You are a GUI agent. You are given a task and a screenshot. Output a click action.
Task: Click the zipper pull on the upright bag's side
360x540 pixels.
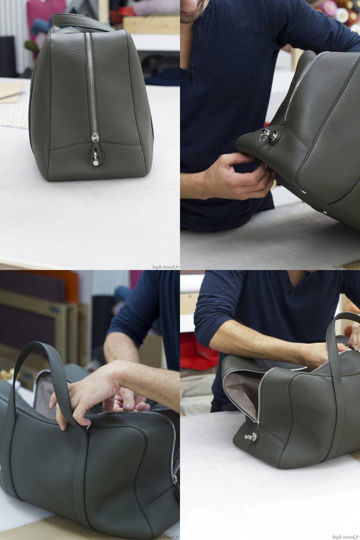95,138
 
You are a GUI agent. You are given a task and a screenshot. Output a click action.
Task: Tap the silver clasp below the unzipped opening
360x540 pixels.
251,437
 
